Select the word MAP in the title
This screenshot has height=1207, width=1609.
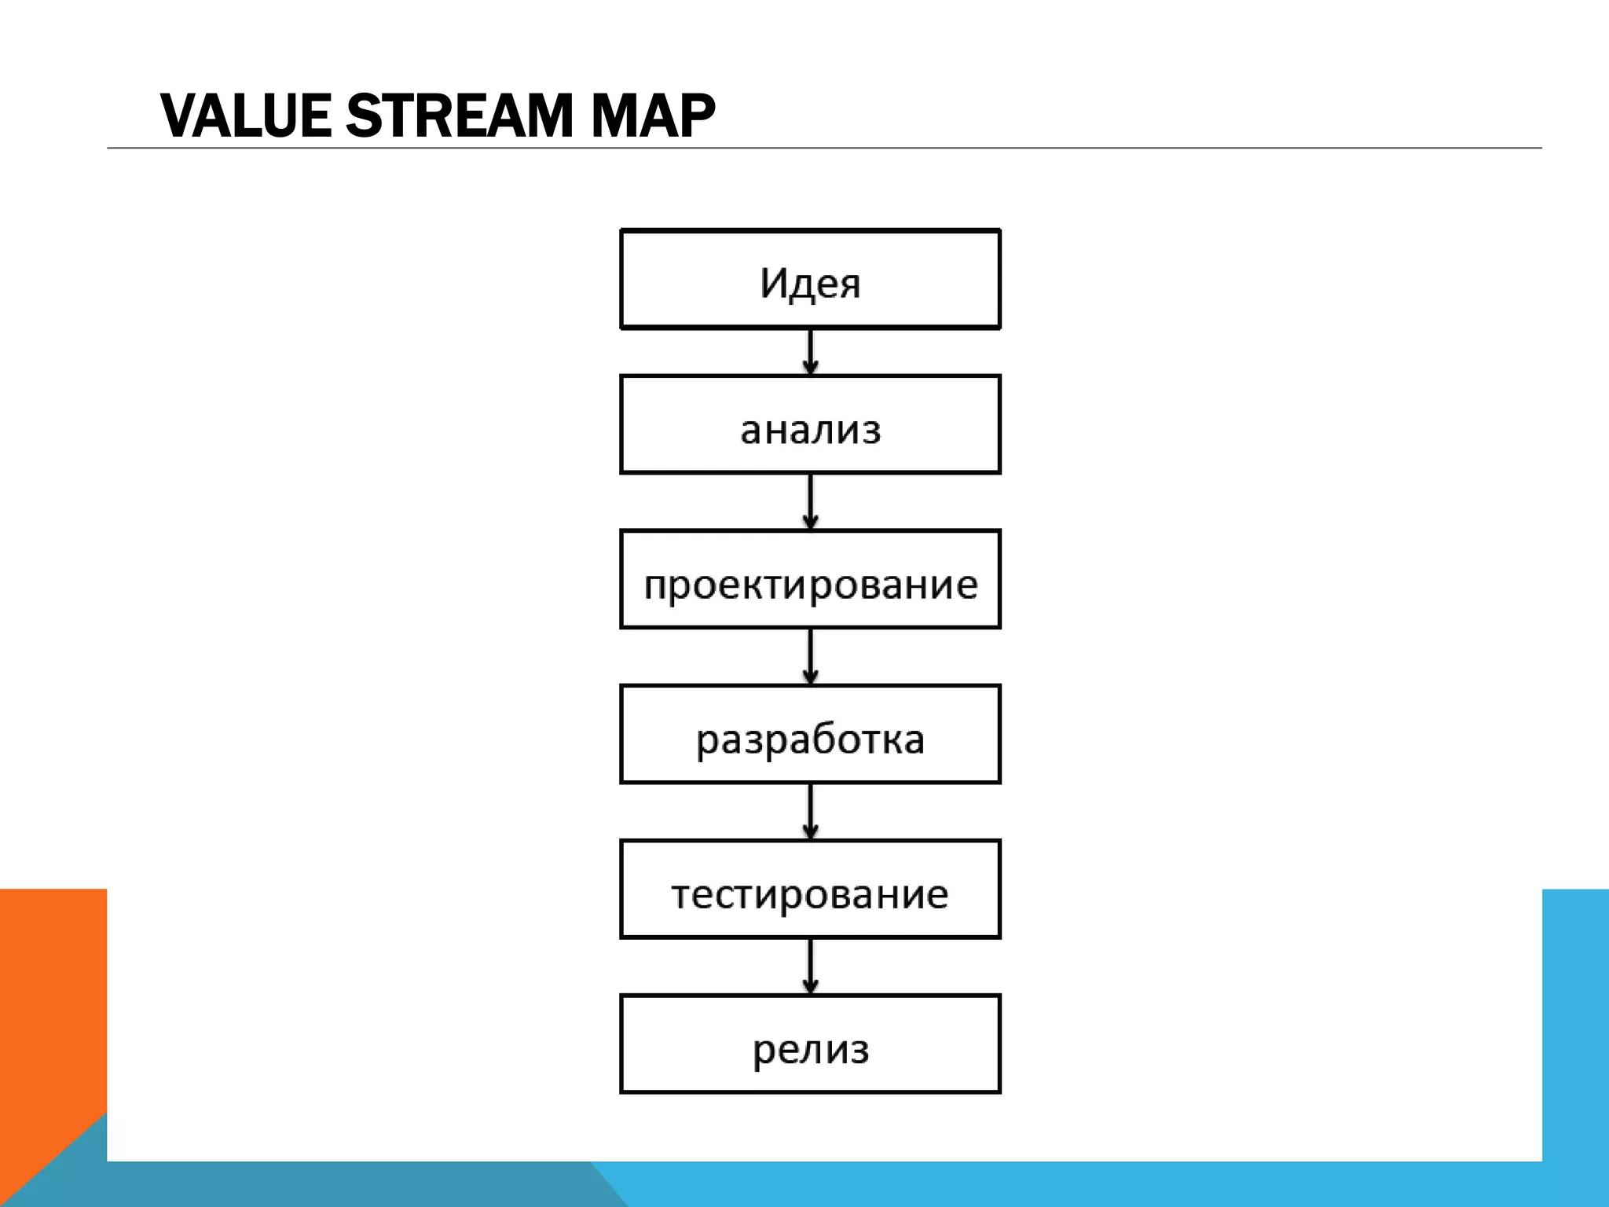coord(653,116)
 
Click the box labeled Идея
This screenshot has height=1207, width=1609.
coord(810,279)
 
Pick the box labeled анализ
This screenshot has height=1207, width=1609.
coord(810,424)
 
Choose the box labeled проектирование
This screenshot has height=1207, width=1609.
coord(810,579)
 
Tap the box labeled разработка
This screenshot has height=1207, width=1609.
coord(810,734)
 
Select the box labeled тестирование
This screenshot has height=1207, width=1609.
coord(810,889)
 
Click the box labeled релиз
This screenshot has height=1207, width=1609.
coord(810,1044)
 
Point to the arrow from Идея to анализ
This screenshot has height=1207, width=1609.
coord(811,351)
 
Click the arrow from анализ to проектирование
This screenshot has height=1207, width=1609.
coord(811,501)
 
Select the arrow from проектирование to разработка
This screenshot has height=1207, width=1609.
coord(811,656)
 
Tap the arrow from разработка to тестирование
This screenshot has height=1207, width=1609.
coord(811,811)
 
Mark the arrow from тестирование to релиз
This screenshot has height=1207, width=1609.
coord(811,966)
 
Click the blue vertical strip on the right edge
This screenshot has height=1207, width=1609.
coord(1575,1022)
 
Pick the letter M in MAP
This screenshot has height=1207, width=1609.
coord(615,116)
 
